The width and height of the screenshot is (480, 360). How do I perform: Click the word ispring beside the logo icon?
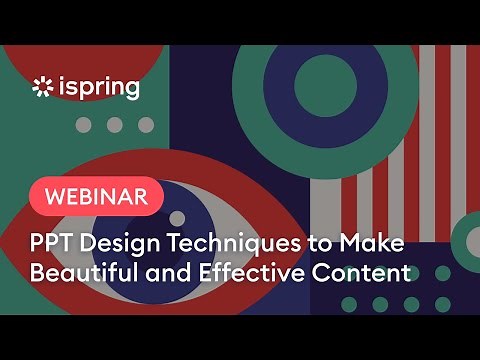(97, 88)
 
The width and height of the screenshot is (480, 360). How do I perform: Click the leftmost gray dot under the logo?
(84, 125)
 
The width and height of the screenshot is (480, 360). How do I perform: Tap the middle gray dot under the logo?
(115, 125)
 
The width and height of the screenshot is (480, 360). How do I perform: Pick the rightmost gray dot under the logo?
(146, 125)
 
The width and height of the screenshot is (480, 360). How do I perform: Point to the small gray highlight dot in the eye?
(177, 217)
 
